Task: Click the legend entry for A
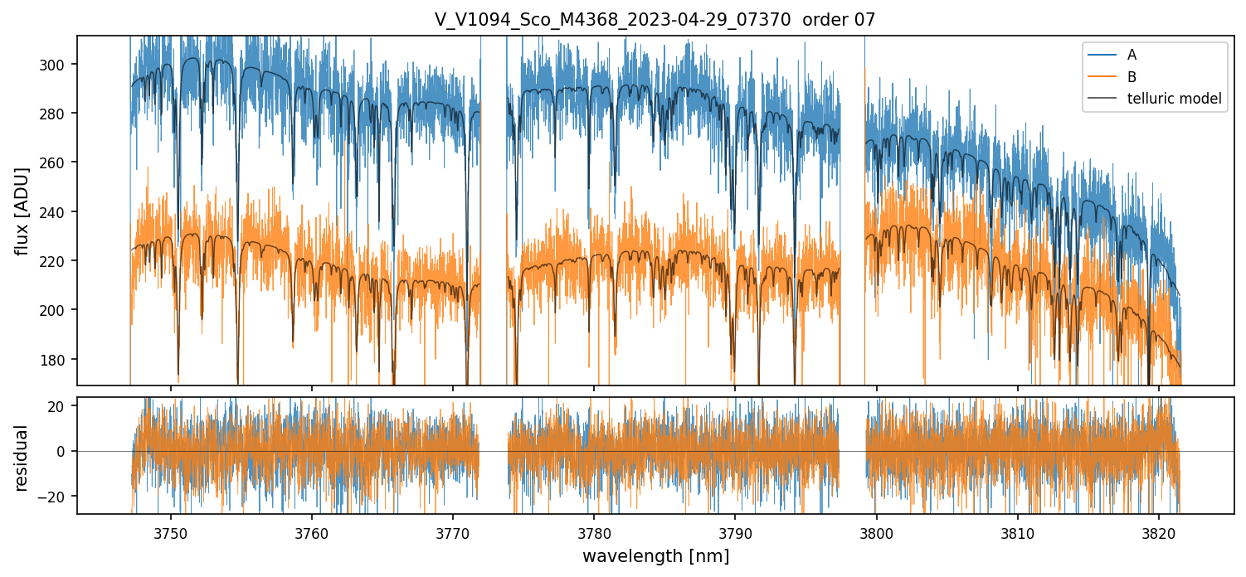click(x=1132, y=55)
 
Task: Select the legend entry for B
click(x=1132, y=77)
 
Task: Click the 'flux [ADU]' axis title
click(x=22, y=211)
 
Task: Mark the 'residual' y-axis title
click(x=22, y=458)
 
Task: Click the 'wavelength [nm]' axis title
click(x=655, y=556)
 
